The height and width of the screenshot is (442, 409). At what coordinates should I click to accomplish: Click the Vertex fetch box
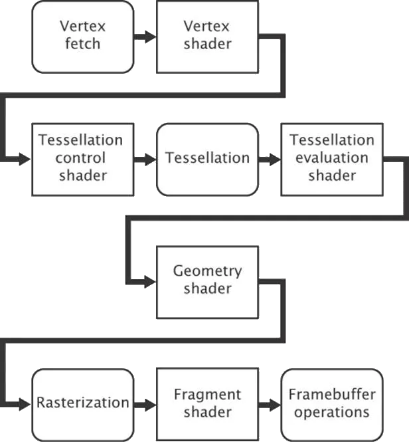point(83,37)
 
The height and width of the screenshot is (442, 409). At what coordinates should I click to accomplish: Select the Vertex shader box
point(206,37)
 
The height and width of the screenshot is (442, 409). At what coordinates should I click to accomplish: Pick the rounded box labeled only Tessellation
point(207,159)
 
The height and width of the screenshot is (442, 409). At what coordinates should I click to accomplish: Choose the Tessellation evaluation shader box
point(331,159)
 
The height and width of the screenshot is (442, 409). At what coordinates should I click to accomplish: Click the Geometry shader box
point(206,281)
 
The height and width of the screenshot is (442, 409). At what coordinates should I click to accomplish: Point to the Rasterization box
point(83,403)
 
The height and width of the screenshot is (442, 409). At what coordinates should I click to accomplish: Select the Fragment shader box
point(207,403)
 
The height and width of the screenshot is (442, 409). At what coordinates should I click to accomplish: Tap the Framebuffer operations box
point(331,403)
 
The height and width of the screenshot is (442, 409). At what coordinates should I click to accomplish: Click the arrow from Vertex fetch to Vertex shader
point(145,37)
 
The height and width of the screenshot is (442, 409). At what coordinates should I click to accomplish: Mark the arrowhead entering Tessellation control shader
point(25,159)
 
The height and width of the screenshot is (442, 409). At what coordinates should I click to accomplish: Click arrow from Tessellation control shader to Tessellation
point(145,159)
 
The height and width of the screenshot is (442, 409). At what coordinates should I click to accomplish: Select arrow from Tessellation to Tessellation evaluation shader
point(269,159)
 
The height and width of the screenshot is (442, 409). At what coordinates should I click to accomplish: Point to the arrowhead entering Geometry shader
point(149,281)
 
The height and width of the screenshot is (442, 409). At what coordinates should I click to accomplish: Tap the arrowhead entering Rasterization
point(25,403)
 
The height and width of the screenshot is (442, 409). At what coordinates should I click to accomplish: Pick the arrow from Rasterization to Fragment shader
point(145,403)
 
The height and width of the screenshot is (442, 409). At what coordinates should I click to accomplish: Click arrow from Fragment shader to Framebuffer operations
point(269,403)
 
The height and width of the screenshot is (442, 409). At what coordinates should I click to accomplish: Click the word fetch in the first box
point(83,45)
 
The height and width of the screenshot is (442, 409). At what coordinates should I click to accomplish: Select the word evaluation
point(332,158)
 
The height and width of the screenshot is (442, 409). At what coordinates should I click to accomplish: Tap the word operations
point(332,412)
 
